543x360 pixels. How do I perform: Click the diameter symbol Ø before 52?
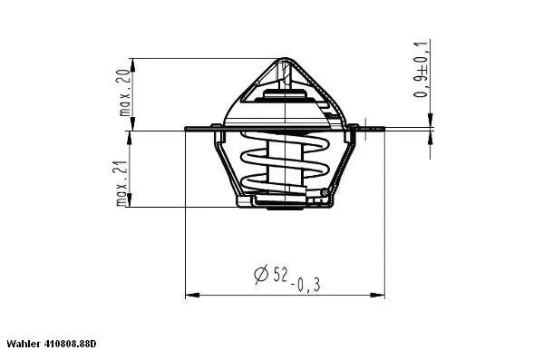[x=261, y=275]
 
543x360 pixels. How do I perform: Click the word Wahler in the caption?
[x=24, y=345]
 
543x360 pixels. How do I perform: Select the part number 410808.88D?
[x=71, y=345]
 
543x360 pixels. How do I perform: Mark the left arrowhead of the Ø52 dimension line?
[x=189, y=295]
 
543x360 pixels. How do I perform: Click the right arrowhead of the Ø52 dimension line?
[x=380, y=295]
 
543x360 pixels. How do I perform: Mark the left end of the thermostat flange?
[x=187, y=129]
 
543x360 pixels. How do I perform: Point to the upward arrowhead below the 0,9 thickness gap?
[x=431, y=138]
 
